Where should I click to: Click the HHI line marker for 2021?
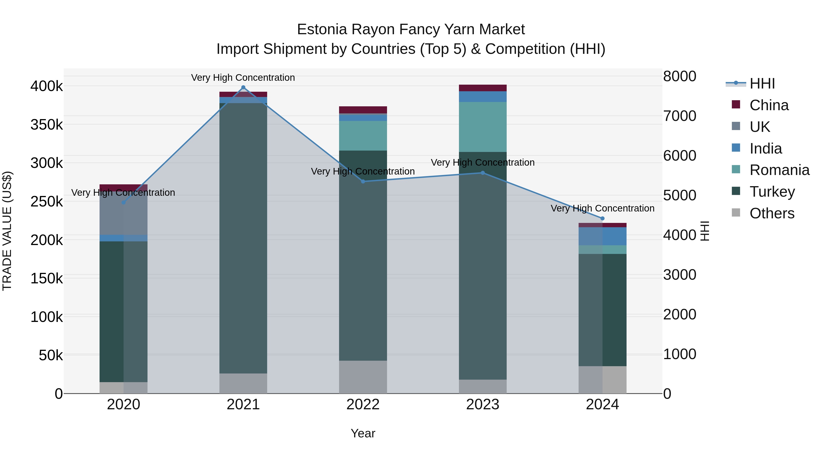243,87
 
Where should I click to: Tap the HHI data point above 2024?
603,218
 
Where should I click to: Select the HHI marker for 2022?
363,181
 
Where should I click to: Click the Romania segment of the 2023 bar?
482,127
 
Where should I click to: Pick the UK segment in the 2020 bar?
124,213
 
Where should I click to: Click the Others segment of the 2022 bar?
363,377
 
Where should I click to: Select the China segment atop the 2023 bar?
482,88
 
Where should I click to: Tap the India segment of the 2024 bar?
603,236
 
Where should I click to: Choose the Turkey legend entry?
772,192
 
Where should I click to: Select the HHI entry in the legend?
762,84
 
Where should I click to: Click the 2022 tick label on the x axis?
363,405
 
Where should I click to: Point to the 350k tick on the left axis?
47,125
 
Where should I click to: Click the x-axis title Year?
363,433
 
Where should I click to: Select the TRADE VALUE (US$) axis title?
7,231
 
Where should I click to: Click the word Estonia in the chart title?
322,29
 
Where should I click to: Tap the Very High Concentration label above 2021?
243,78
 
